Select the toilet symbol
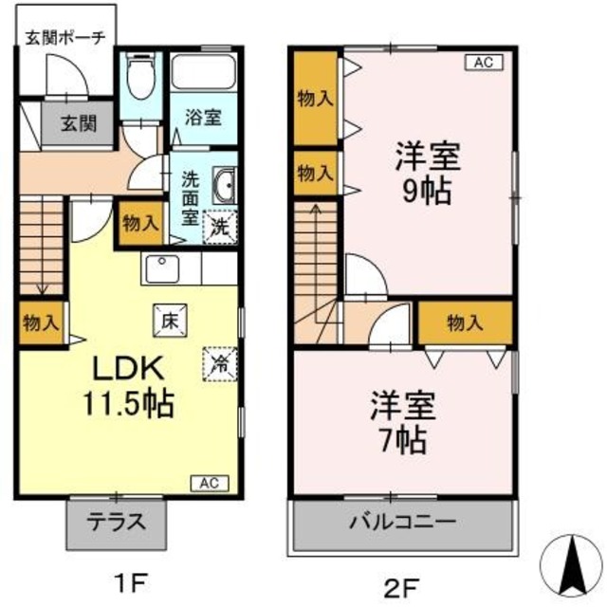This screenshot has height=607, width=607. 141,78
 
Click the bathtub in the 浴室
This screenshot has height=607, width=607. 203,74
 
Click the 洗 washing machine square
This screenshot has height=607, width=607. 220,228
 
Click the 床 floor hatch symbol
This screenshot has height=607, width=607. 169,322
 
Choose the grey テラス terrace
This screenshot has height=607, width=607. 117,521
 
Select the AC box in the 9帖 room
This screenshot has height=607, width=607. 480,64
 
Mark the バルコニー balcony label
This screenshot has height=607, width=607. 402,522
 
